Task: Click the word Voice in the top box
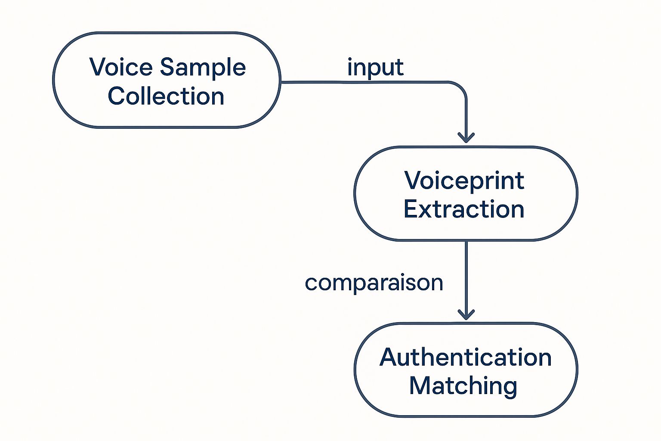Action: point(121,67)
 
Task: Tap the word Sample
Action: point(203,68)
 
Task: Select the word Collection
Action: point(166,96)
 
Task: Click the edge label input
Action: point(375,68)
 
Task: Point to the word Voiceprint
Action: point(464,180)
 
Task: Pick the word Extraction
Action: point(464,209)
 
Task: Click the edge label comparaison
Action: point(374,283)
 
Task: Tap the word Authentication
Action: point(466,357)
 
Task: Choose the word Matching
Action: point(463,386)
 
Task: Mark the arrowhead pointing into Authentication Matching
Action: point(466,315)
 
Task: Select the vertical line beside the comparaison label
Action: point(466,276)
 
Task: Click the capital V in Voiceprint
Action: point(413,180)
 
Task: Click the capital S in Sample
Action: point(168,68)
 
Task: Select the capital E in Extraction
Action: point(411,209)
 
